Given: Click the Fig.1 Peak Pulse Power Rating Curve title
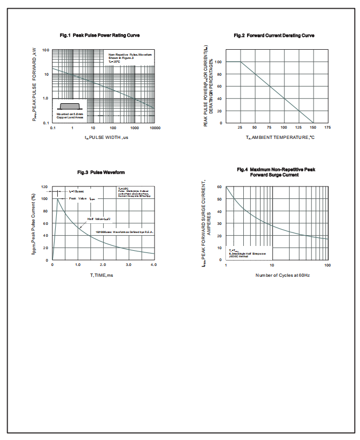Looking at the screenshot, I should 99,35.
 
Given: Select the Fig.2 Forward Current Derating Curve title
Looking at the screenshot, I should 274,35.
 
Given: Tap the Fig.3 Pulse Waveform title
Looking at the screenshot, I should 102,172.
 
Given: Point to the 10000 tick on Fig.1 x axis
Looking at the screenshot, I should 154,128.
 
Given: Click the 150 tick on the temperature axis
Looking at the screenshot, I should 313,128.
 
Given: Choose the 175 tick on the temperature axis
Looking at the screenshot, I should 328,128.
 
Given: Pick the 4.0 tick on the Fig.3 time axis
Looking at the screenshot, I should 154,265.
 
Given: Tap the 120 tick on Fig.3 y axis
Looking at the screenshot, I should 44,187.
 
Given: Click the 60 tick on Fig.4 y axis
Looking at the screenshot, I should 220,187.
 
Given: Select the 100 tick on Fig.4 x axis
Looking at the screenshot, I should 327,265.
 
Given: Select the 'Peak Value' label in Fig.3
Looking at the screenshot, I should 78,198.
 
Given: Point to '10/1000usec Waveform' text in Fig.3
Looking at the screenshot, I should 124,232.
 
